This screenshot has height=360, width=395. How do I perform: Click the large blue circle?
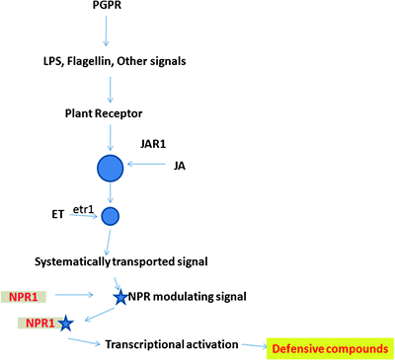[109, 169]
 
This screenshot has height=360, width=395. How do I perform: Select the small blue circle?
[111, 215]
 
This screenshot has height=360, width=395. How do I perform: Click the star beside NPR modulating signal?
[119, 296]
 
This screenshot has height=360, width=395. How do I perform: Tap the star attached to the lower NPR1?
[65, 323]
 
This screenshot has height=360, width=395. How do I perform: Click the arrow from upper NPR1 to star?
[80, 295]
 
